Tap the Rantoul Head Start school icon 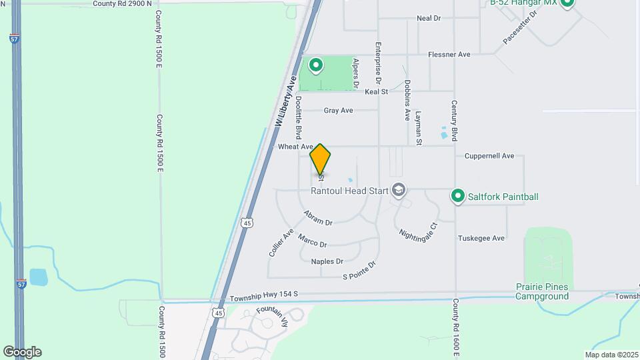click(x=399, y=191)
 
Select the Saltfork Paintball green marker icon click(x=457, y=196)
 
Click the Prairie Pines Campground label click(x=542, y=291)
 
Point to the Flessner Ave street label click(x=449, y=54)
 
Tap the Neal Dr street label click(x=429, y=18)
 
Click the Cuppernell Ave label click(x=489, y=156)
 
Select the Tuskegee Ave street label click(x=481, y=238)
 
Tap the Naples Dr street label click(x=327, y=261)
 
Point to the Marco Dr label click(x=312, y=240)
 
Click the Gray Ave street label click(x=338, y=111)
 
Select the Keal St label click(x=376, y=91)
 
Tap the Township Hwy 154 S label click(x=263, y=294)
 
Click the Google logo click(x=22, y=352)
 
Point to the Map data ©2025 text click(x=611, y=355)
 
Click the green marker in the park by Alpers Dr click(x=315, y=65)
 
